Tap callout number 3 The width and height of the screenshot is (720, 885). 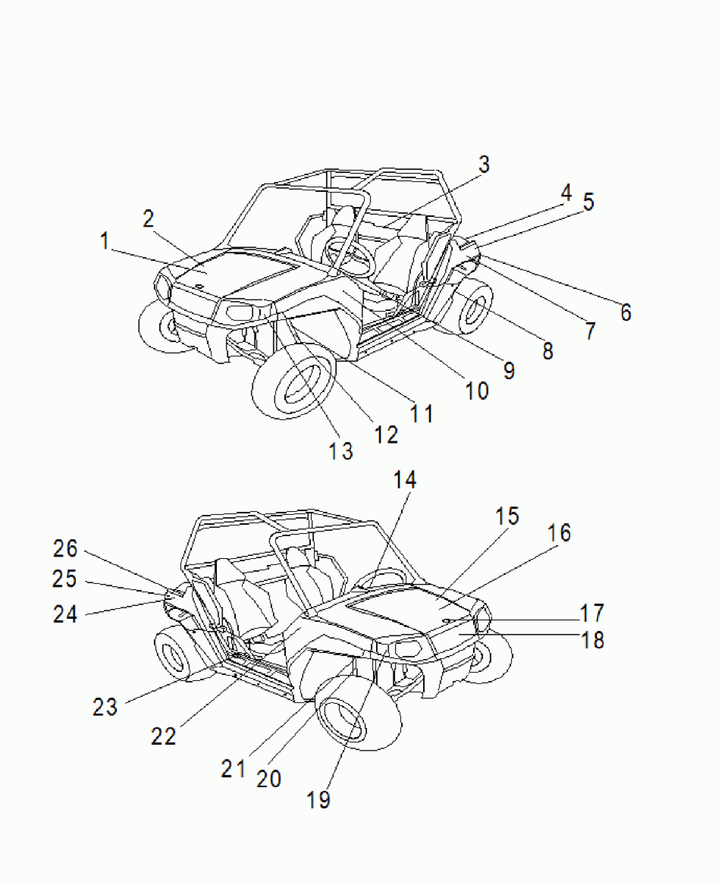(x=484, y=164)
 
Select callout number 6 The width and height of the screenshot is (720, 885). (x=626, y=313)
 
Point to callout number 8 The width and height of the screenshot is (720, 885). (x=548, y=351)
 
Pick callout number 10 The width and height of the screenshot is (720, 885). (x=477, y=390)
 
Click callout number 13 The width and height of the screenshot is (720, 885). (x=341, y=451)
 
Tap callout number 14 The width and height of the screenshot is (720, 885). (x=405, y=480)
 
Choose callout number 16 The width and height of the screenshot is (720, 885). (x=559, y=533)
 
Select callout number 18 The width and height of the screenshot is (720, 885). (x=592, y=640)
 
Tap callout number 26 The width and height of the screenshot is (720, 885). (x=65, y=548)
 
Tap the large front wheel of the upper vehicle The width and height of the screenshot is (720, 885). (x=293, y=386)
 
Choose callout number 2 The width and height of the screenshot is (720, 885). (x=148, y=219)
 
